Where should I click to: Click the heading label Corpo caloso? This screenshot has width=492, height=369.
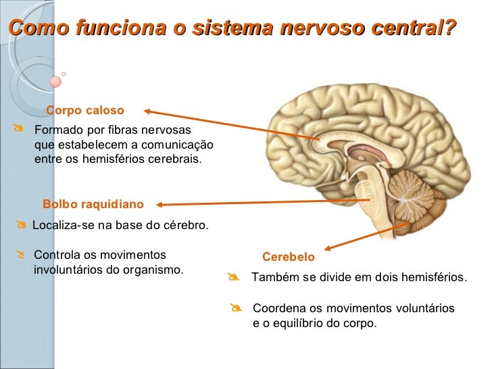coord(85,110)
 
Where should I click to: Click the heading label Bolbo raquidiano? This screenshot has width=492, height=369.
coord(93,204)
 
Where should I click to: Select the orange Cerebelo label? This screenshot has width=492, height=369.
coord(289,257)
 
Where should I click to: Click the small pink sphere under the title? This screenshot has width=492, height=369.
coord(55,81)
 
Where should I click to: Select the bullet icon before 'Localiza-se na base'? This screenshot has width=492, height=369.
coord(22,224)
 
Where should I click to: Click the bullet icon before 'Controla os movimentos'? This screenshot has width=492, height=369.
coord(22,255)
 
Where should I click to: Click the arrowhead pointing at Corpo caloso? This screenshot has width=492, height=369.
coord(147,112)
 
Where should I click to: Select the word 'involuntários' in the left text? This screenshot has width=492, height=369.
coord(66,270)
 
